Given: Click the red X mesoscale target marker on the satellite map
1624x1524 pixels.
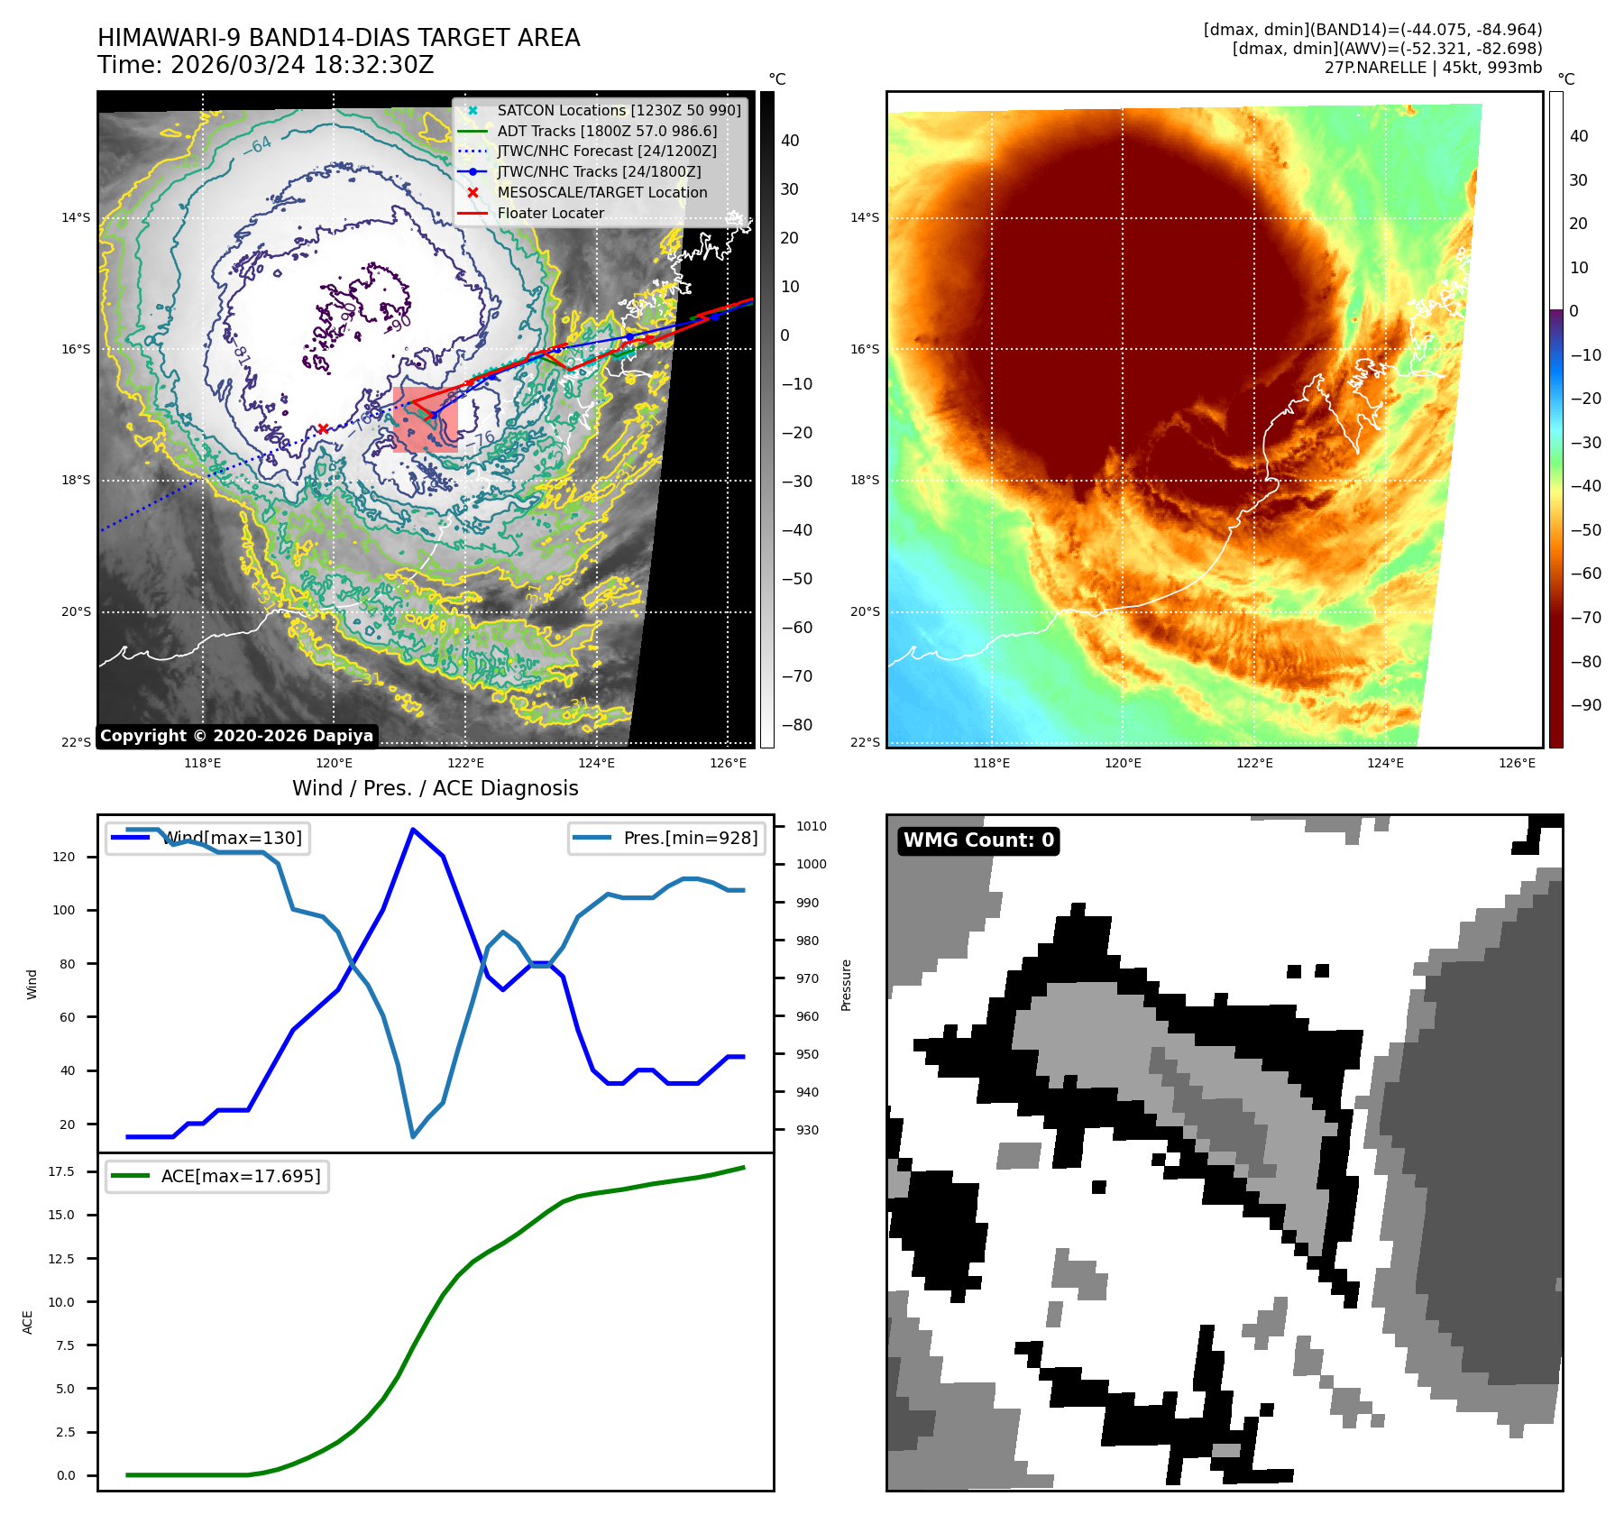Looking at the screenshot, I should point(323,428).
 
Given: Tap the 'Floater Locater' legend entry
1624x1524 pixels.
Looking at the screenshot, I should point(550,213).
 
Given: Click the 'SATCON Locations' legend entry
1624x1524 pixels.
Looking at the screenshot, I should point(619,110).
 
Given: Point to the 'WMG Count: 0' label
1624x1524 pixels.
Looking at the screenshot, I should point(978,840).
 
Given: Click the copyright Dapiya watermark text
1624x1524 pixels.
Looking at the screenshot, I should point(236,736).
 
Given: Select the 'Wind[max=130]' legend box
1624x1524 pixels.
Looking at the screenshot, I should point(207,838).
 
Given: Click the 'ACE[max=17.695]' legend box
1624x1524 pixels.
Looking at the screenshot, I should point(217,1176).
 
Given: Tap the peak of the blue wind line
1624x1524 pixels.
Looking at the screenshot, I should point(413,829).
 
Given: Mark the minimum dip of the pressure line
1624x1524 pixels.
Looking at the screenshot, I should point(413,1136).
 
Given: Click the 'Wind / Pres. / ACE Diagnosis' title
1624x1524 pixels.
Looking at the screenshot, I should point(435,788).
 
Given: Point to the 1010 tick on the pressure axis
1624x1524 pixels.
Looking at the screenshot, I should point(811,826).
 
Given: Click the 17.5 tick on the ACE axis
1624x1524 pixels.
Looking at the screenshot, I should point(61,1171).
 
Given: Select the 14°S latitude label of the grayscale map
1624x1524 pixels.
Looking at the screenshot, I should point(76,217).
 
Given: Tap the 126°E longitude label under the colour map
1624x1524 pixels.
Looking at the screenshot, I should point(1517,763).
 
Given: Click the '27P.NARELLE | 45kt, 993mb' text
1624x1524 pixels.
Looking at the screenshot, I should point(1433,68).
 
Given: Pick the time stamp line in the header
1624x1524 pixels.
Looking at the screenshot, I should point(266,66).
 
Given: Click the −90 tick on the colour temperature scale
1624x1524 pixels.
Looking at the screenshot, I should point(1585,705).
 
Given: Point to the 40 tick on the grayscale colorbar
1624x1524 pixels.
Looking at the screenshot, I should point(790,141).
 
